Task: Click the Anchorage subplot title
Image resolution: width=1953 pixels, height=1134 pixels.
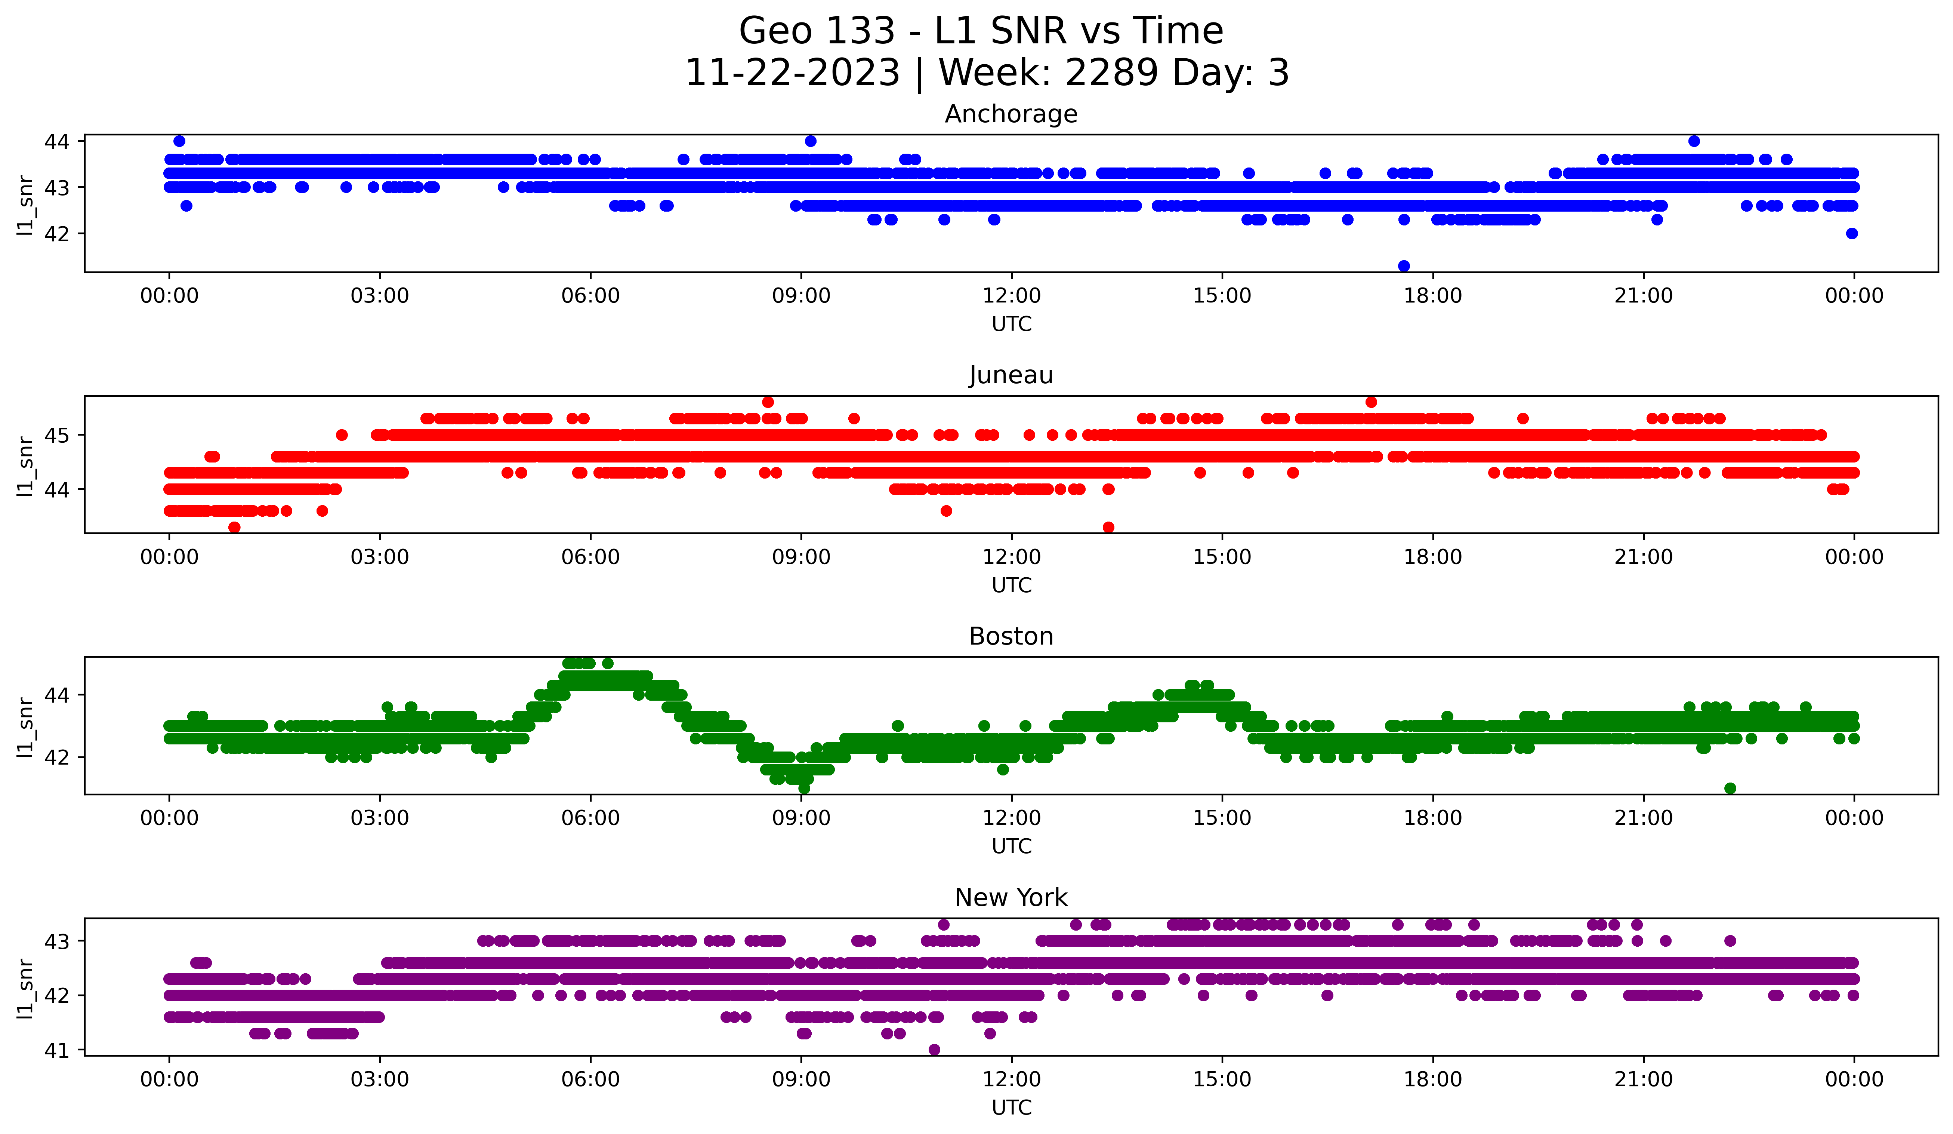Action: (x=1011, y=114)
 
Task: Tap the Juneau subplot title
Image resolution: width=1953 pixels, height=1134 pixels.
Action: (x=1011, y=375)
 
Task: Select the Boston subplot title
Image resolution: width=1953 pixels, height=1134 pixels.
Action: (x=1011, y=636)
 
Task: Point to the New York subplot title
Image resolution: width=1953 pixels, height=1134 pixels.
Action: (x=1011, y=898)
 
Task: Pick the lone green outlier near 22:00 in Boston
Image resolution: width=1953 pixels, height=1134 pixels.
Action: (x=1730, y=788)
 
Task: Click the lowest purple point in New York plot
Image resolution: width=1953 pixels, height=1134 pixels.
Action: (x=934, y=1050)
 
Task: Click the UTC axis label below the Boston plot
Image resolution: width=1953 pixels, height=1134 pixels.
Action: (x=1011, y=846)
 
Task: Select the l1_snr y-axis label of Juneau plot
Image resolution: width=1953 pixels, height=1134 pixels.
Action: (x=25, y=465)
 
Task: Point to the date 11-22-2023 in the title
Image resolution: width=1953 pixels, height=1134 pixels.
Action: (x=792, y=73)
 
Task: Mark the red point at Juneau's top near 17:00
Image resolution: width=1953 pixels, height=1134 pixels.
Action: (x=1371, y=402)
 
